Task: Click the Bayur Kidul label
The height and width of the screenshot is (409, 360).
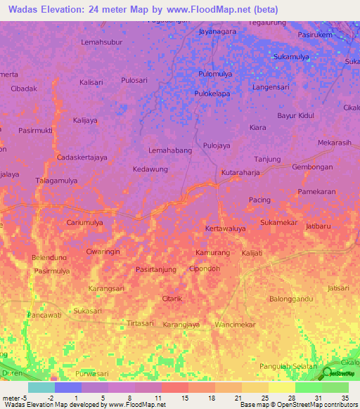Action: click(x=295, y=115)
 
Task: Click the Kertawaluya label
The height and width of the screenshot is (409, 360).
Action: click(x=225, y=229)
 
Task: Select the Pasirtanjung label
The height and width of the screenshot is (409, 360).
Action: click(x=155, y=269)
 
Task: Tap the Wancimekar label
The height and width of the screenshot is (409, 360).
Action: click(x=235, y=325)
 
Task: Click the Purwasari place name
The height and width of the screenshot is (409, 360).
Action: click(x=95, y=372)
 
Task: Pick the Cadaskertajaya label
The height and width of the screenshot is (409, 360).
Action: click(x=82, y=157)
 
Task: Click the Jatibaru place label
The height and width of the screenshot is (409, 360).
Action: click(x=318, y=226)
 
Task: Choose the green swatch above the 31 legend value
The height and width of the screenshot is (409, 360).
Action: click(x=308, y=387)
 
